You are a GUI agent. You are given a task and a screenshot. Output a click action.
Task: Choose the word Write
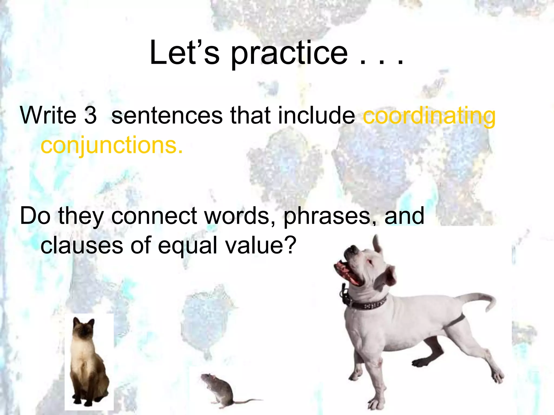(x=48, y=115)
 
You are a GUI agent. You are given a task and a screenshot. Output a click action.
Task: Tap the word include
(x=316, y=115)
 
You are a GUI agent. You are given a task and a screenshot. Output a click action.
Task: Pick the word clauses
(x=82, y=245)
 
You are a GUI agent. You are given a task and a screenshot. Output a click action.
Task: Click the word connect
(x=154, y=216)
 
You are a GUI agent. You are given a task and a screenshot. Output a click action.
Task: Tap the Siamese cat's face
(x=84, y=331)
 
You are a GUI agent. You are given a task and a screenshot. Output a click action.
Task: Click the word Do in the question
(x=35, y=216)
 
